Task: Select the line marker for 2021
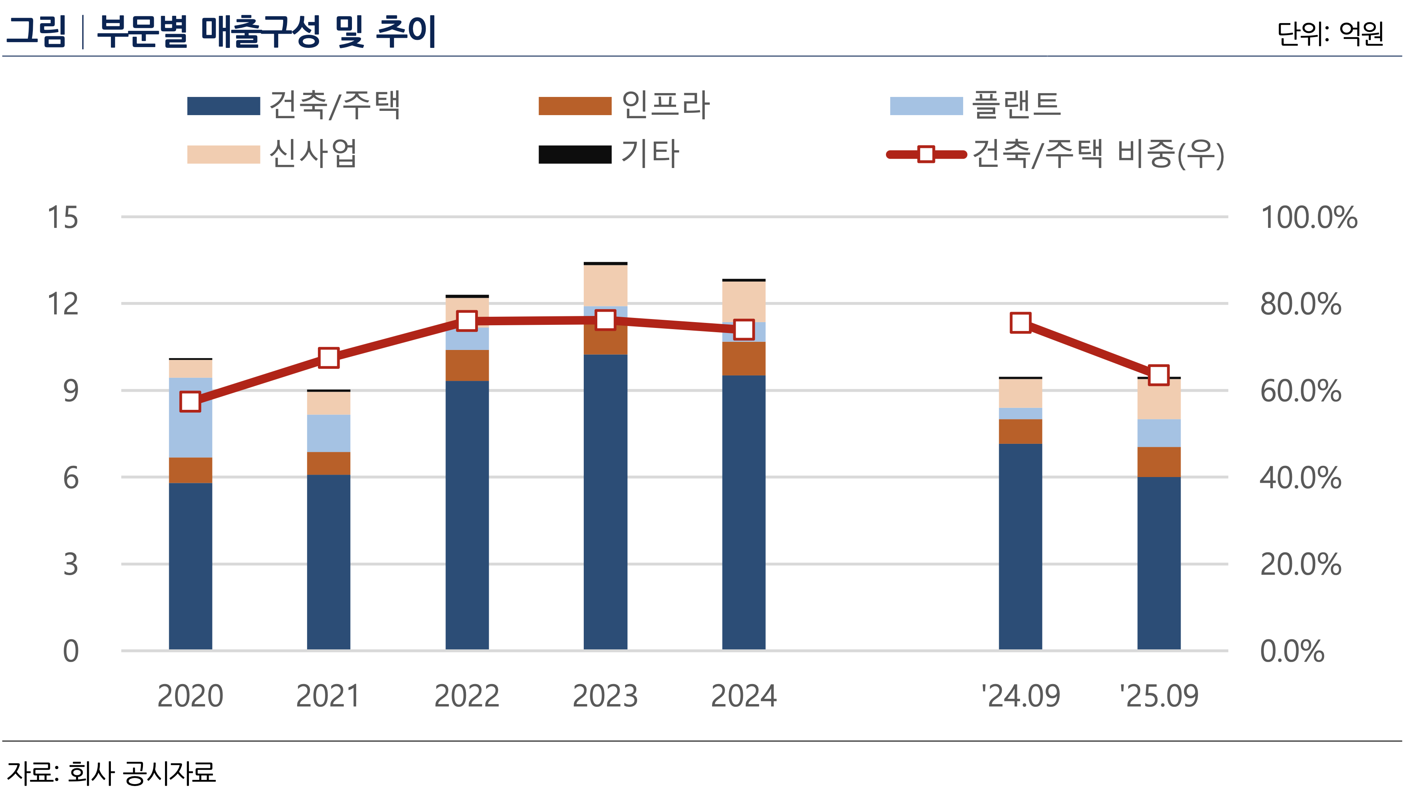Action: tap(329, 358)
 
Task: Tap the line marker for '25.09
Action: tap(1159, 375)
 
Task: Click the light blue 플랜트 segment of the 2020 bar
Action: tap(190, 418)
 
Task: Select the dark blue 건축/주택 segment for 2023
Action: tap(605, 501)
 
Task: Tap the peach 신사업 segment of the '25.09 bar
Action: tap(1159, 399)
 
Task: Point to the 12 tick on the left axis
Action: tap(63, 304)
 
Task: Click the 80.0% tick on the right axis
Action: tap(1300, 304)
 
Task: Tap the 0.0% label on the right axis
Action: tap(1292, 651)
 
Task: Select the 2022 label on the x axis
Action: tap(467, 696)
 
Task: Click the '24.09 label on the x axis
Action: tap(1020, 696)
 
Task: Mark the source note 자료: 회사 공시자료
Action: tap(111, 773)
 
